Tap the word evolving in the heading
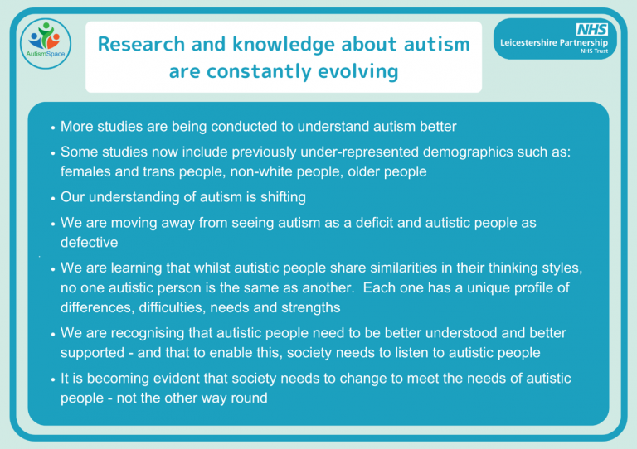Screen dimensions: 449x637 (x=360, y=72)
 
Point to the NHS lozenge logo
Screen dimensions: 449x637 (x=593, y=29)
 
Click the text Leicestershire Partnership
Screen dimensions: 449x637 (x=554, y=42)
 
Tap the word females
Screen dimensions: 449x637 (x=85, y=171)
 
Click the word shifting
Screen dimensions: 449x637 (x=278, y=197)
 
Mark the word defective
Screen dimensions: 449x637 (x=89, y=242)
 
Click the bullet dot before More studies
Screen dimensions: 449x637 (x=52, y=128)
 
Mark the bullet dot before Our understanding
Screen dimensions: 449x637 (x=52, y=199)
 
